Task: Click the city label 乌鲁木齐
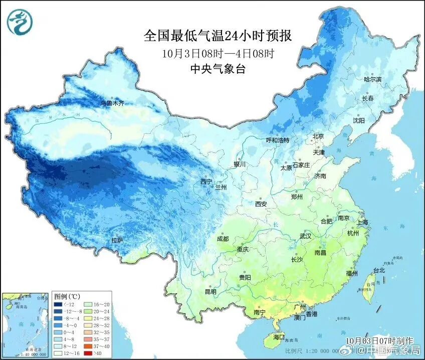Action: (112, 103)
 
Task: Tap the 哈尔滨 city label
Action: (372, 80)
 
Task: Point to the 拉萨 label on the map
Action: (117, 241)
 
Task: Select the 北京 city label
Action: (319, 136)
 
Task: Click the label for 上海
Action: (361, 222)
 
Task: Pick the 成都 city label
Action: (223, 239)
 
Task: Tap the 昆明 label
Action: (210, 292)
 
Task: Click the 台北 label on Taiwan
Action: (378, 270)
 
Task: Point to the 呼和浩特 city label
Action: (277, 140)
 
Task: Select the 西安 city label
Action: (261, 204)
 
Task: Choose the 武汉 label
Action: (305, 236)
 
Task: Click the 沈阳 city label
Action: (359, 120)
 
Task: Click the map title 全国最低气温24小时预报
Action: (218, 36)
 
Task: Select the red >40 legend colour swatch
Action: (87, 353)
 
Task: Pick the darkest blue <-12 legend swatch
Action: (59, 304)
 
